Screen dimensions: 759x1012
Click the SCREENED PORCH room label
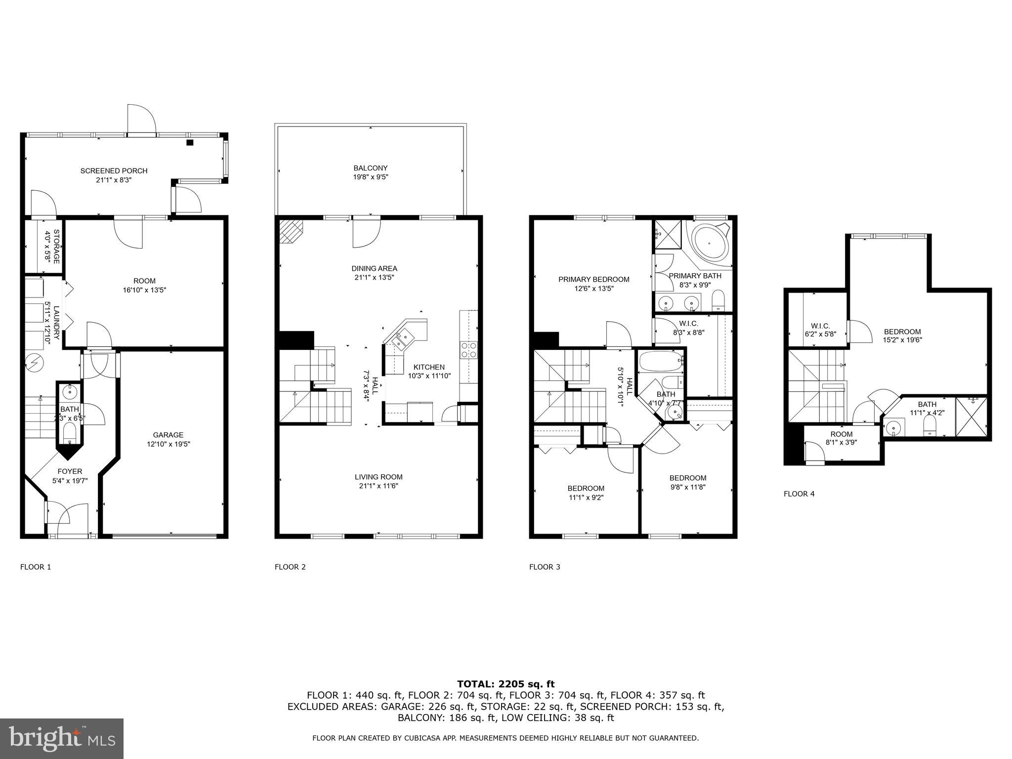click(x=114, y=171)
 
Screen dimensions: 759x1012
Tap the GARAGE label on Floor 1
click(x=168, y=435)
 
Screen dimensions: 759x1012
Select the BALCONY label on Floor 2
click(x=371, y=168)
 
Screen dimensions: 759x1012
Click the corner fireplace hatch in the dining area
click(x=291, y=231)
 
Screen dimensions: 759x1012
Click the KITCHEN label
click(x=429, y=367)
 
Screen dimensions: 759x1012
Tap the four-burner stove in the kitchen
click(x=469, y=350)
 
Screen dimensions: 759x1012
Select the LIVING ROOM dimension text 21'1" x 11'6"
click(x=379, y=486)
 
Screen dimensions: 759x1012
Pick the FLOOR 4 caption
click(x=799, y=494)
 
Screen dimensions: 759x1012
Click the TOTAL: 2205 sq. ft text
click(x=506, y=684)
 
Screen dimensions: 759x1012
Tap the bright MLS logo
click(x=62, y=738)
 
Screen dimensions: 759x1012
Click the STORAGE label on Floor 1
click(x=56, y=246)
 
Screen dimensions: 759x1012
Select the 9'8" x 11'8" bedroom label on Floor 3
click(x=688, y=487)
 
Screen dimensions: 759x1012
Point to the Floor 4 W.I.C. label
click(x=820, y=326)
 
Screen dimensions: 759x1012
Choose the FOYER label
click(x=70, y=471)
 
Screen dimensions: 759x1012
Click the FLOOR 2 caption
click(x=290, y=567)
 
